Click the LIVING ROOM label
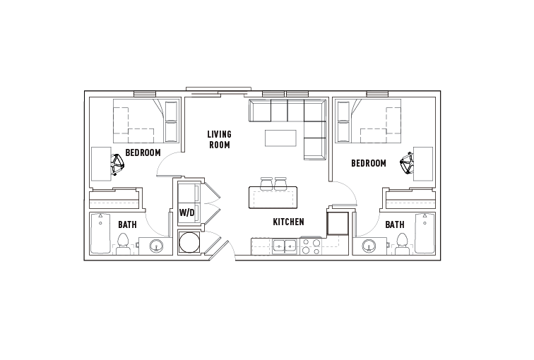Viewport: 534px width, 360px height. [219, 139]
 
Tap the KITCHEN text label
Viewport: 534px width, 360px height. [288, 222]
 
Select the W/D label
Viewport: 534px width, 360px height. [186, 212]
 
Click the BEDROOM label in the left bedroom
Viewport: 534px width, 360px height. [143, 152]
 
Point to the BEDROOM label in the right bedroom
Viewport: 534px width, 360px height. [369, 163]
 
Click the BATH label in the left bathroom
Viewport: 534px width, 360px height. [127, 224]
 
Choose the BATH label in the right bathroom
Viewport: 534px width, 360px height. [395, 224]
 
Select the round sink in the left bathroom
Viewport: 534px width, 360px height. [157, 246]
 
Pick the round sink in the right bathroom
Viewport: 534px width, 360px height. [368, 246]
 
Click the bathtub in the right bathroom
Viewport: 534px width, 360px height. [425, 234]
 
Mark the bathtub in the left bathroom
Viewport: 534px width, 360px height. [100, 234]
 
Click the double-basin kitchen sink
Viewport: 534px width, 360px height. [285, 247]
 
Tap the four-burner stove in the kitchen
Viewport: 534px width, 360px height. [310, 246]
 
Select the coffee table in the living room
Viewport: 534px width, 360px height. [280, 138]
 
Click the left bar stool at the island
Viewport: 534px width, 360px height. [267, 183]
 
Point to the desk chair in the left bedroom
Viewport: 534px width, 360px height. [117, 165]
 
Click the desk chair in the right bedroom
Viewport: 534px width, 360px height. [407, 164]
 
